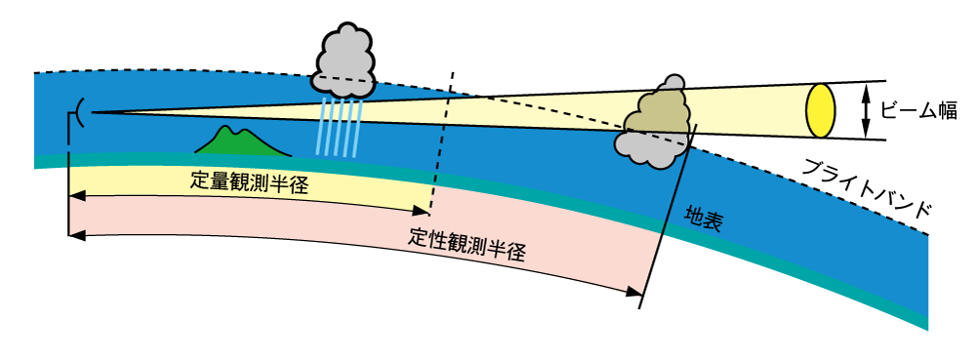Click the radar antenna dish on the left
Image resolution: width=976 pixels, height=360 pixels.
coord(80,113)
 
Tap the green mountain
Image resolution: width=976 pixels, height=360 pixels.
coord(239,144)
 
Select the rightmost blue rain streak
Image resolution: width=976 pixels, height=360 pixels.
coord(360,127)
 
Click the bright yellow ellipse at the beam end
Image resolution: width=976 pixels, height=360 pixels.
coord(821,110)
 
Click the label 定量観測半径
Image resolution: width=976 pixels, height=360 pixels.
coord(250,182)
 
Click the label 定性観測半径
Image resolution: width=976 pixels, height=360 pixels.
coord(468,244)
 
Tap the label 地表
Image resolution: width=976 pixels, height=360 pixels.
coord(703,220)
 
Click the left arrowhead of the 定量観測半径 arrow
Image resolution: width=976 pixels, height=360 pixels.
coord(77,196)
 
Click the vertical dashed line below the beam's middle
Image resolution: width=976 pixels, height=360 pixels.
coord(437,156)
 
